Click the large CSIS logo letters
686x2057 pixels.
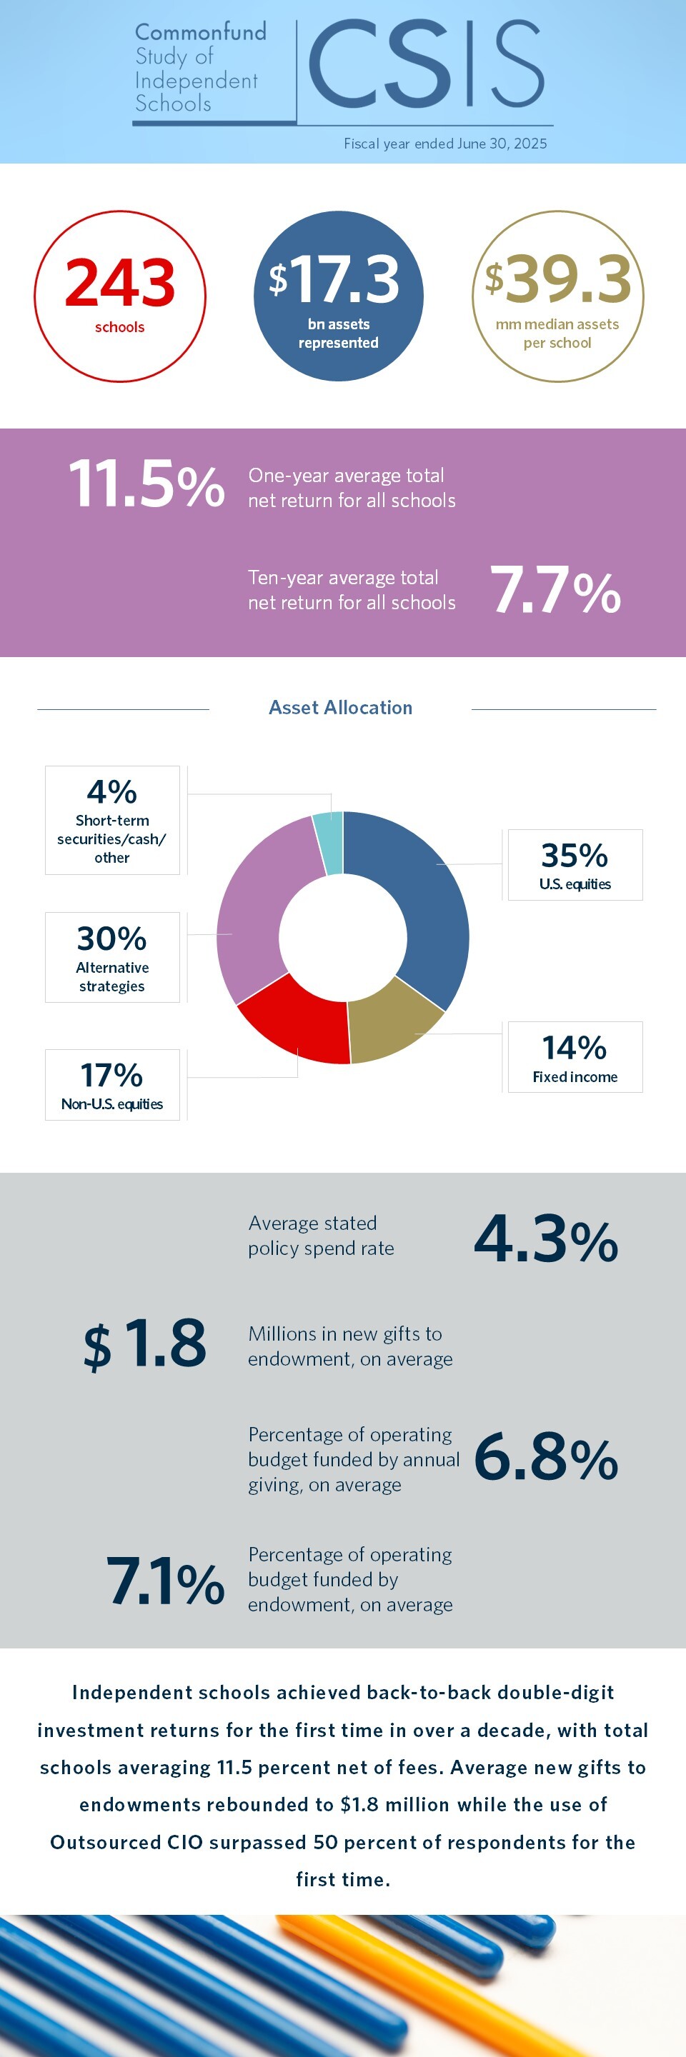(x=425, y=66)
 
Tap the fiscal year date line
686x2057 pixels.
(x=444, y=144)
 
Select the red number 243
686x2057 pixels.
(x=120, y=284)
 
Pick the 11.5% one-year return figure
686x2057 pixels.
(x=146, y=484)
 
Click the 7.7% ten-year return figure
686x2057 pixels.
(x=555, y=591)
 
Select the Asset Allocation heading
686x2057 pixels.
(x=340, y=708)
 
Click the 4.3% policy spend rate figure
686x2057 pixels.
(x=546, y=1239)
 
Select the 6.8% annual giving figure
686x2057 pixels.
(x=546, y=1457)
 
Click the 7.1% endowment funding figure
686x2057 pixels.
(x=165, y=1581)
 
